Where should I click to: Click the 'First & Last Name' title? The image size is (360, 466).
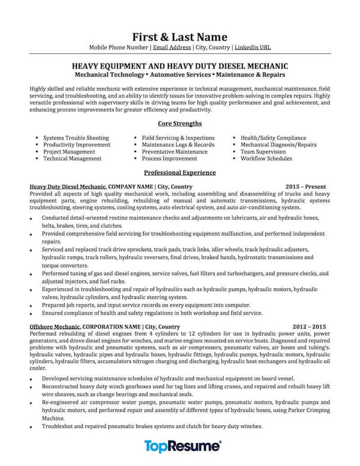pyautogui.click(x=180, y=36)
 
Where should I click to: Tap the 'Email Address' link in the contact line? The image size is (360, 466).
pyautogui.click(x=172, y=47)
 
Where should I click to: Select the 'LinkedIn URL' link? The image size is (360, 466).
pyautogui.click(x=253, y=47)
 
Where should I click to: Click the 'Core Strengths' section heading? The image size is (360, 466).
pyautogui.click(x=180, y=123)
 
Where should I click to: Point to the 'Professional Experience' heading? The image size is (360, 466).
pyautogui.click(x=180, y=172)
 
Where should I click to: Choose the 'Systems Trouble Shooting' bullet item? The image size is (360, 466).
pyautogui.click(x=76, y=138)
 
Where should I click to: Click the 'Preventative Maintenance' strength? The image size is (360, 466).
pyautogui.click(x=175, y=152)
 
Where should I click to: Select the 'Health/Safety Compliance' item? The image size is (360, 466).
pyautogui.click(x=273, y=138)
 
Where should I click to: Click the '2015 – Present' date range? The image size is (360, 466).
pyautogui.click(x=306, y=186)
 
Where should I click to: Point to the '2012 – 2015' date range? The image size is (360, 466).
pyautogui.click(x=309, y=326)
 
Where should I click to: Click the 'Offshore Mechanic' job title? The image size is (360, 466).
pyautogui.click(x=55, y=326)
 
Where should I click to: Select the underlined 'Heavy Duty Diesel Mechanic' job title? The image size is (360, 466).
pyautogui.click(x=68, y=186)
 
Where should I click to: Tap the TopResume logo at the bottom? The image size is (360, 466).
pyautogui.click(x=182, y=446)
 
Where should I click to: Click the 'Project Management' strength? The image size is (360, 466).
pyautogui.click(x=69, y=152)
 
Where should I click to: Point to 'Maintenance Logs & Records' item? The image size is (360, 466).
pyautogui.click(x=178, y=145)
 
